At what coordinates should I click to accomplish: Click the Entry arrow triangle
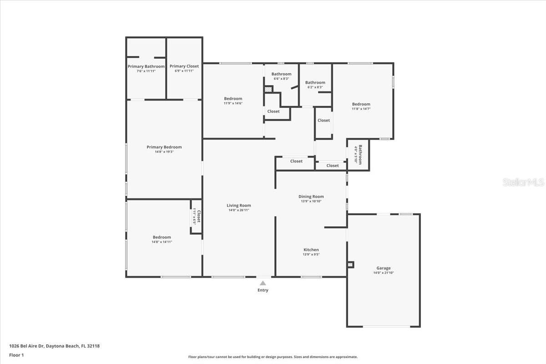click(x=263, y=283)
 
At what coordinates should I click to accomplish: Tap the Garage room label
click(x=383, y=268)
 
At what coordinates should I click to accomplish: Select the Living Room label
click(x=239, y=206)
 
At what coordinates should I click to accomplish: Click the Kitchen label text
click(x=311, y=250)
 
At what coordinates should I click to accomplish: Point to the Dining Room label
click(x=311, y=197)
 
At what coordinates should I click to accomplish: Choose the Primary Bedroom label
click(x=164, y=147)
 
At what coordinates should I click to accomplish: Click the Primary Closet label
click(x=184, y=66)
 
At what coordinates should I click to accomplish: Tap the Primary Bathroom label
click(x=146, y=66)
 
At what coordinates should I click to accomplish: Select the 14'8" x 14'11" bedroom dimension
click(x=162, y=242)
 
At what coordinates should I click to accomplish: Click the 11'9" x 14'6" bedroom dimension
click(x=233, y=103)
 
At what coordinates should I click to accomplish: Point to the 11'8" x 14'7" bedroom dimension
click(x=361, y=109)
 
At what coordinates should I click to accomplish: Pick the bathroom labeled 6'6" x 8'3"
click(x=281, y=76)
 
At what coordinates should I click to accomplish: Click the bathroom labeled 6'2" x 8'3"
click(x=315, y=85)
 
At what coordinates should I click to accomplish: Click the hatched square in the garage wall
click(x=350, y=264)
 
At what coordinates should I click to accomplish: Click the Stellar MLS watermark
click(x=523, y=182)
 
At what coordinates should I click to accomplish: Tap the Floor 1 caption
click(x=16, y=355)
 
